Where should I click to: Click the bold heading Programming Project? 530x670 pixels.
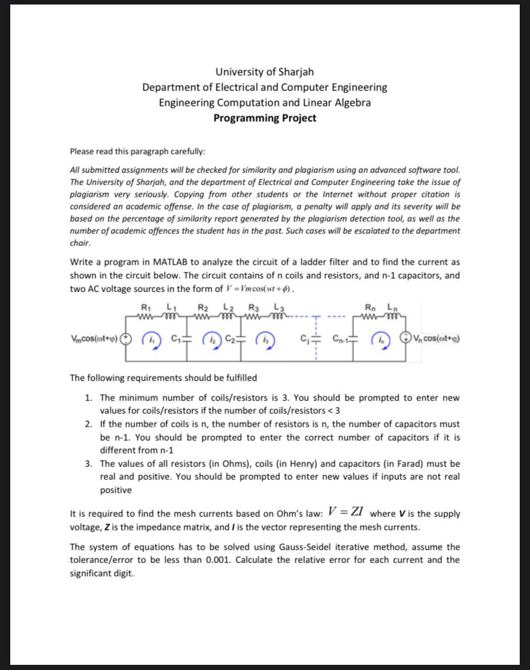[264, 118]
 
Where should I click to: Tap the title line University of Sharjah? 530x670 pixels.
[264, 71]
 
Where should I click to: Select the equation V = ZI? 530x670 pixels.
[346, 512]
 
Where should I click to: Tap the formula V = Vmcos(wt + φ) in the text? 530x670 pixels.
[260, 289]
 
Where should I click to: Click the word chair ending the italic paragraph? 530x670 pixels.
[80, 243]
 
